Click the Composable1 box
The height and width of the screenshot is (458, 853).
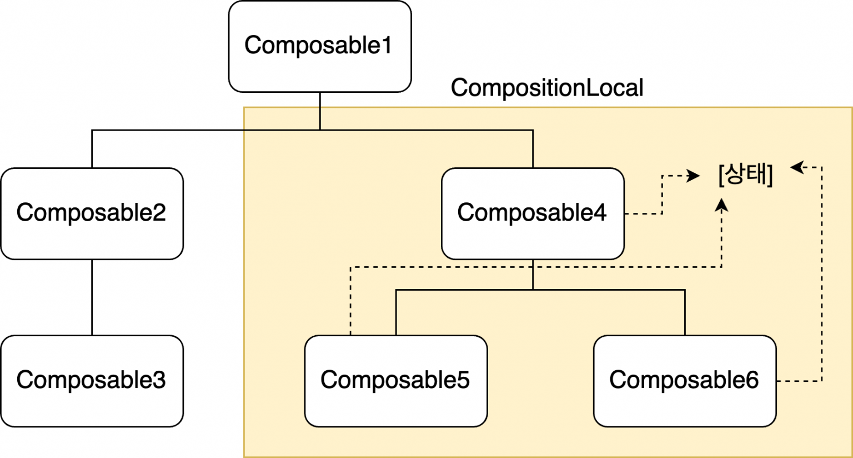click(320, 46)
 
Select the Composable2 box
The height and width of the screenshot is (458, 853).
click(92, 213)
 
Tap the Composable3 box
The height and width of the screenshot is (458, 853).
click(92, 381)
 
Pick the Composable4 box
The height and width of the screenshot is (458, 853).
click(533, 213)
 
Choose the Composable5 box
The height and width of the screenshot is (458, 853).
click(395, 381)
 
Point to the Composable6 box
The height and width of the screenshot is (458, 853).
click(684, 381)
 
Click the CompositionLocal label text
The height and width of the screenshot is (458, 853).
click(547, 88)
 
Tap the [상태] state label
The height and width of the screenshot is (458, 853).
click(745, 175)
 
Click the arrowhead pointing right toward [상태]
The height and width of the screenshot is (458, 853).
click(694, 176)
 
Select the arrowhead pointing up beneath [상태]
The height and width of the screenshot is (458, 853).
click(721, 205)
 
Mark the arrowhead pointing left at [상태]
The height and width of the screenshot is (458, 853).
click(797, 167)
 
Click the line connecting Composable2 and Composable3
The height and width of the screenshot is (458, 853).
click(92, 297)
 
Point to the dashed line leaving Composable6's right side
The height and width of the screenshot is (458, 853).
click(800, 381)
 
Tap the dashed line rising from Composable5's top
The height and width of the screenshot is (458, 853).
click(350, 303)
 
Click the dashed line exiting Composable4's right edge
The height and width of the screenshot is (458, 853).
click(643, 213)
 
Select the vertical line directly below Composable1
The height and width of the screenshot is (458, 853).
click(320, 111)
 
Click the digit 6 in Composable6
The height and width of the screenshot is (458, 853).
click(751, 381)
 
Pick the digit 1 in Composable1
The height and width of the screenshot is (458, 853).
click(387, 46)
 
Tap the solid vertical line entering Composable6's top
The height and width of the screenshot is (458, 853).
click(685, 312)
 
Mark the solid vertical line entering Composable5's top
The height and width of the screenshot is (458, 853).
click(396, 312)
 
